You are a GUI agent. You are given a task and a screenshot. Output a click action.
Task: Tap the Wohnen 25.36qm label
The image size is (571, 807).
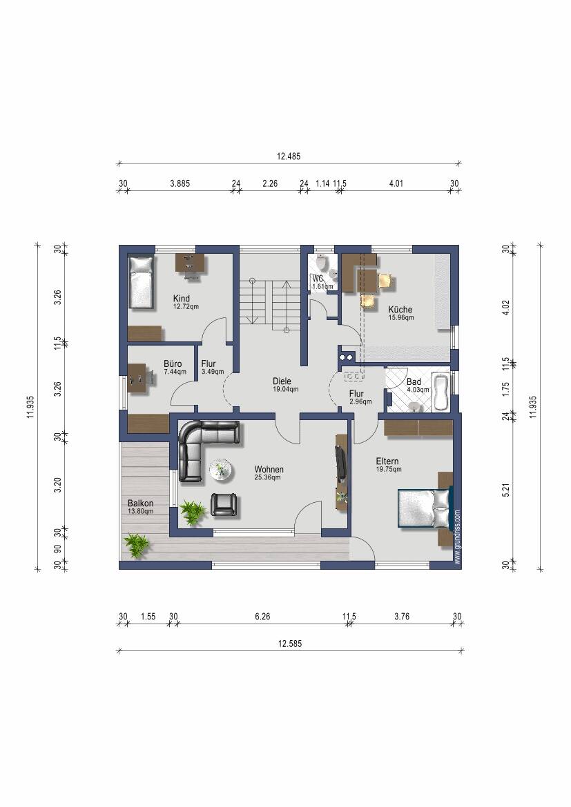pos(269,473)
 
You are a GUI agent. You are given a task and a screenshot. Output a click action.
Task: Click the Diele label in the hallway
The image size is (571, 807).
pos(282,381)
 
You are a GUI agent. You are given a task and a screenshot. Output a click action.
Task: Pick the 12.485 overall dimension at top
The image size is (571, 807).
pos(289,156)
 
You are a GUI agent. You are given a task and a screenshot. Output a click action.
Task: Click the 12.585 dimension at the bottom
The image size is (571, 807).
pos(289,644)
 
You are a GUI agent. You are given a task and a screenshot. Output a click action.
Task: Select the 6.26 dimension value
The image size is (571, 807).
pos(262,616)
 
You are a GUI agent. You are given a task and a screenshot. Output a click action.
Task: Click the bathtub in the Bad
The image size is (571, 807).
pos(441,392)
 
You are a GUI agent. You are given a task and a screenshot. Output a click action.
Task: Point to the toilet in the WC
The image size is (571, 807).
pos(322,263)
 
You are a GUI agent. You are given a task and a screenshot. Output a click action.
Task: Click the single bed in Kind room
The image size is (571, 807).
pos(142,283)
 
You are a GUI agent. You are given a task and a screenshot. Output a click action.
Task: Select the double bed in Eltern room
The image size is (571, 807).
pos(426,508)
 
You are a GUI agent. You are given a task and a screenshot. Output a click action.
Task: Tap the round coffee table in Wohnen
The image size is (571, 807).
pos(221,470)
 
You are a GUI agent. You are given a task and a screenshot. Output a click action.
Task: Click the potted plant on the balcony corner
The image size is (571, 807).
pos(137,545)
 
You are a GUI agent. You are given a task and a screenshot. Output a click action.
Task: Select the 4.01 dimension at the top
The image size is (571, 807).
pos(396,183)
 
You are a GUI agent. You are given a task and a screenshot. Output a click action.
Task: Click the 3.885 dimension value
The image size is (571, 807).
pos(180,183)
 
